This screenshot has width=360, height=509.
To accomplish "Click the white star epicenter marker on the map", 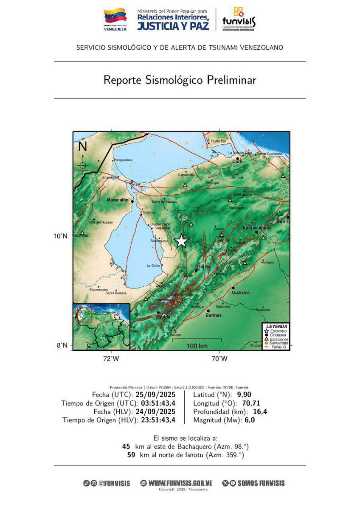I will (181, 241).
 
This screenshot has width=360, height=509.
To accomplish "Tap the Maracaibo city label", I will (118, 199).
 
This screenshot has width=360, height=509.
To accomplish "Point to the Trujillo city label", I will (203, 266).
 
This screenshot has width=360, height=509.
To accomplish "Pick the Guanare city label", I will (241, 292).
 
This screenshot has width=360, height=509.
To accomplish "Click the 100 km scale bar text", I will (197, 346).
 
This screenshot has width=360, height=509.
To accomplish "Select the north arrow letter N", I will (82, 147).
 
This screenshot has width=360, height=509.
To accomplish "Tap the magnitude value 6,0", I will (249, 420).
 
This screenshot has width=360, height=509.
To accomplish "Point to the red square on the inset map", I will (85, 316).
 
